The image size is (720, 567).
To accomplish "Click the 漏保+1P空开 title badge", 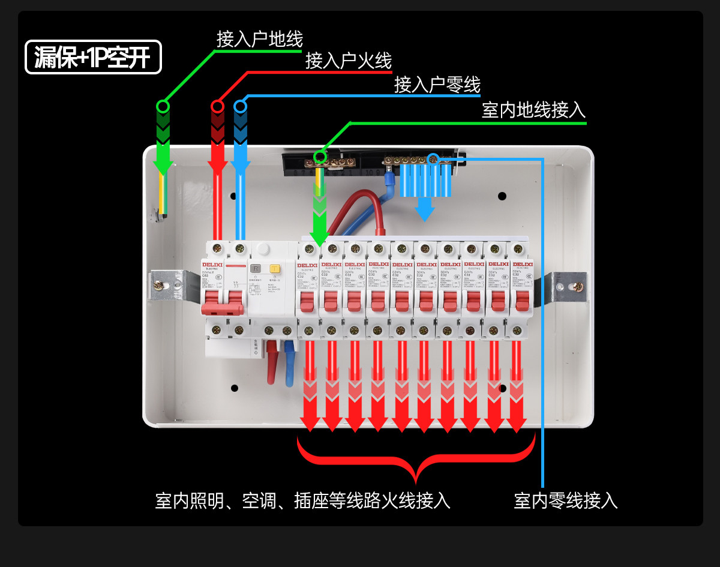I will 93,57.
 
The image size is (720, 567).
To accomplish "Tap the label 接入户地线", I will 260,39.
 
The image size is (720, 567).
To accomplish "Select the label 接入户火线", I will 348,61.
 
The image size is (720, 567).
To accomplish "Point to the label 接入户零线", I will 437,85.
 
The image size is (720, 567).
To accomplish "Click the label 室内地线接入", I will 533,110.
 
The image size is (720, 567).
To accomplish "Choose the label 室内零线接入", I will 565,500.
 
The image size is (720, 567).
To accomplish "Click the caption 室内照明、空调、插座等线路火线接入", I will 302,500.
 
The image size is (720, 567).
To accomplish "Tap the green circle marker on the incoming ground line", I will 163,107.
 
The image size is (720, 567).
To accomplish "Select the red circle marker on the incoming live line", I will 217,107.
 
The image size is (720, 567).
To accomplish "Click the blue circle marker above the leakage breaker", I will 240,107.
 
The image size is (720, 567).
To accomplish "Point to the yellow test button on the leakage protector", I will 275,269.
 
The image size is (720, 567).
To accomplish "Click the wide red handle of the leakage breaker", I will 223,308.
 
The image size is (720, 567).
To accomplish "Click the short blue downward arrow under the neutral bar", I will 425,208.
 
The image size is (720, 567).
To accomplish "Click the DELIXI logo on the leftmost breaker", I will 211,264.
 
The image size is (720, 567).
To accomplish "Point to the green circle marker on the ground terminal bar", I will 320,157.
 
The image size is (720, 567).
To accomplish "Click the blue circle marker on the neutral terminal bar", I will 433,158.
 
